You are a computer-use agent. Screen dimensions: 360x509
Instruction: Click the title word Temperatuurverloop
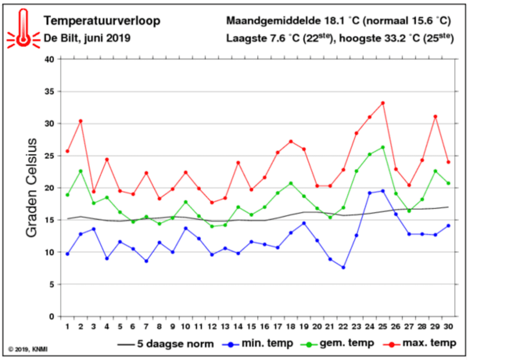[x=102, y=21]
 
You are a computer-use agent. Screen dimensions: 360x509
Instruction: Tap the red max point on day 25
[x=383, y=103]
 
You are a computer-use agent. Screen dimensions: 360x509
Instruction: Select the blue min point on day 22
[x=343, y=267]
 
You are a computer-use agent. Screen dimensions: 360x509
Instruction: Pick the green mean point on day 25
[x=383, y=147]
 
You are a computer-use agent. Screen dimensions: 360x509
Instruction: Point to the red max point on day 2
[x=81, y=121]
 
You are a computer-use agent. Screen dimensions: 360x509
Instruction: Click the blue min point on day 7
[x=146, y=261]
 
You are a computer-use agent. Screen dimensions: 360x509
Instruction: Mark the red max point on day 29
[x=435, y=116]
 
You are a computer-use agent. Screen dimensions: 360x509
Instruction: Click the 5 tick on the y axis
[x=53, y=284]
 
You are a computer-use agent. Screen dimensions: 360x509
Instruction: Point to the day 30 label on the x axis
[x=448, y=327]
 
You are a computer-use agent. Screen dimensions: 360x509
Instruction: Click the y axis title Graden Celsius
[x=32, y=187]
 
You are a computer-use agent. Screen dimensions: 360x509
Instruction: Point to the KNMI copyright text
[x=28, y=349]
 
